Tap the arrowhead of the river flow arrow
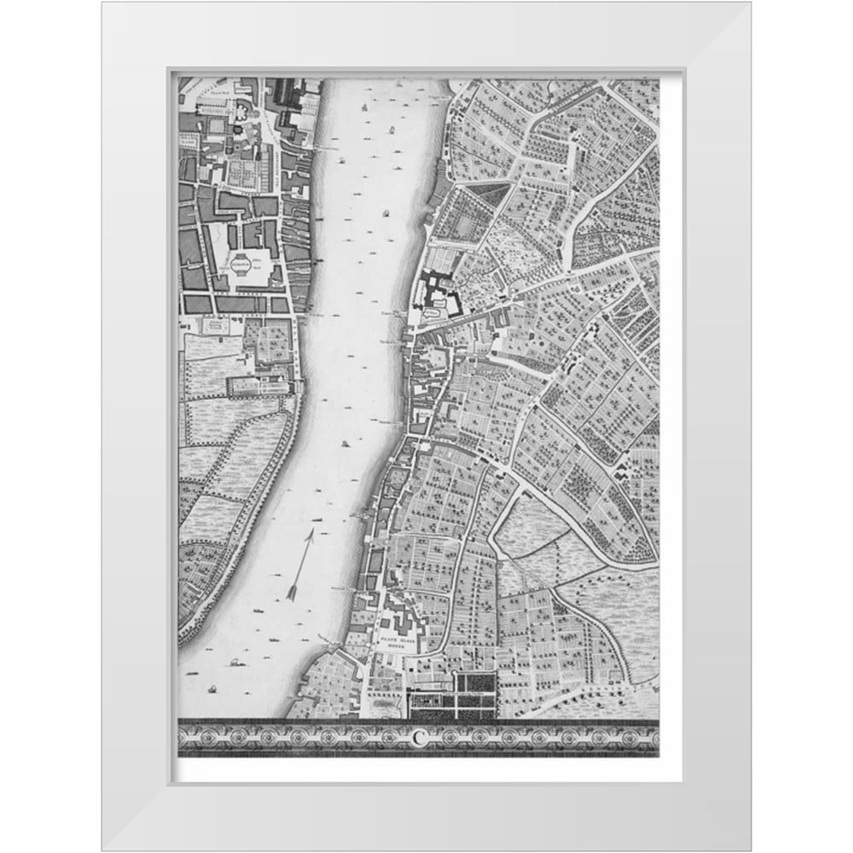pos(312,534)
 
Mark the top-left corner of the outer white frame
pos(102,3)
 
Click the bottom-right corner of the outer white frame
pos(751,850)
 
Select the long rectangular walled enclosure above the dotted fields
pos(256,386)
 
